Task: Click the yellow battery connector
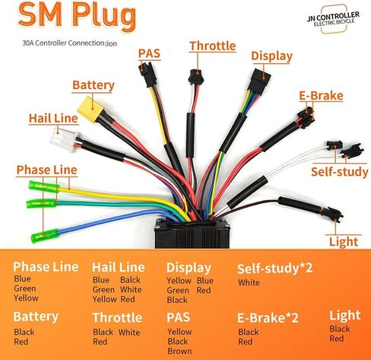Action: click(x=91, y=110)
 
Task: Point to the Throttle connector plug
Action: click(x=195, y=76)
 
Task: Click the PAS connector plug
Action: click(x=147, y=75)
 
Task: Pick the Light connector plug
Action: click(x=334, y=214)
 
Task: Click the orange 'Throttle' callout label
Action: click(x=213, y=46)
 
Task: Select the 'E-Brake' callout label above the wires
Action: click(x=321, y=96)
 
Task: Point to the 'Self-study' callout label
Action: click(x=340, y=172)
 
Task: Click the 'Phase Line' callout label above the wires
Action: click(x=47, y=170)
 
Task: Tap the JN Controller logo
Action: click(x=334, y=19)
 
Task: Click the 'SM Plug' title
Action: click(x=78, y=15)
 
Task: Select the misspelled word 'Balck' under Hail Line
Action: click(x=130, y=280)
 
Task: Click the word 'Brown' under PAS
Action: click(x=179, y=351)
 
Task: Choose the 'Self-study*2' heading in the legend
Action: click(x=274, y=269)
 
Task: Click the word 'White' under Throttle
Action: click(x=129, y=333)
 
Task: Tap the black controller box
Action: click(x=192, y=234)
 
